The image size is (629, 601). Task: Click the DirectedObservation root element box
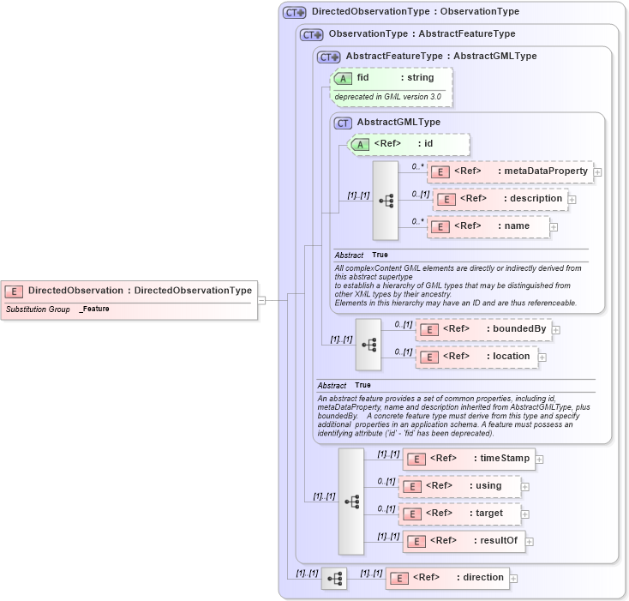[x=129, y=291]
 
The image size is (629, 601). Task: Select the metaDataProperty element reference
[x=510, y=171]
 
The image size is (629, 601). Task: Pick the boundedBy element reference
[x=483, y=329]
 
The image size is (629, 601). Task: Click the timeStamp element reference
[x=469, y=459]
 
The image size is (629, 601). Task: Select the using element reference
[x=460, y=486]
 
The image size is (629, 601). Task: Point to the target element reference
[x=460, y=514]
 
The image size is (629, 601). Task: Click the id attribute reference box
[x=409, y=144]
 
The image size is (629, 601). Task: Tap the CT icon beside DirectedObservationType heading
[x=295, y=13]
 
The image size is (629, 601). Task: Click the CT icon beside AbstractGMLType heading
[x=343, y=123]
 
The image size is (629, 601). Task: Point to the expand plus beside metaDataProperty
[x=597, y=172]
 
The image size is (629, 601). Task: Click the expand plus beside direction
[x=513, y=579]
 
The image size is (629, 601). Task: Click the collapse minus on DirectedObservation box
[x=261, y=300]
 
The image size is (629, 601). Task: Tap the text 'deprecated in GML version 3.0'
[x=387, y=97]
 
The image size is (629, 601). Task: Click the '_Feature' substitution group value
[x=94, y=309]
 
